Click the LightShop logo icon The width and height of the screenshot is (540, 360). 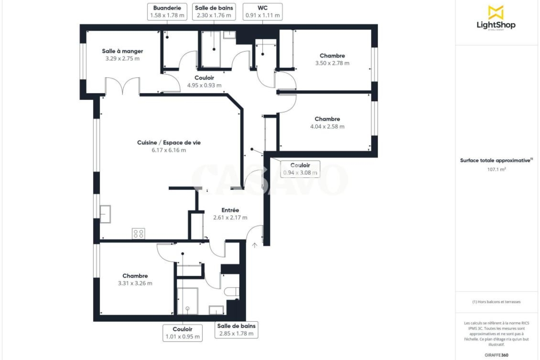coord(496,13)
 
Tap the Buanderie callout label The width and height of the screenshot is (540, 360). coord(167,12)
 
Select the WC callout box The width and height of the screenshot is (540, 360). coord(262,12)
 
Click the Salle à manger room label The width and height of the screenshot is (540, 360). coord(122,51)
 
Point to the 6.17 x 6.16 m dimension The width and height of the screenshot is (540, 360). coord(169,150)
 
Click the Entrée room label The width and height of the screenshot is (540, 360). coord(230,210)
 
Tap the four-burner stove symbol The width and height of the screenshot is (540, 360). coord(139,234)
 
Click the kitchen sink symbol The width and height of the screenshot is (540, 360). coord(105,214)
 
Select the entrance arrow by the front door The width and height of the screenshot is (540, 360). coord(255,245)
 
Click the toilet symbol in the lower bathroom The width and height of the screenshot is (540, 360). coord(232,292)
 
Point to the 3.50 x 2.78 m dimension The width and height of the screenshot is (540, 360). coord(332,63)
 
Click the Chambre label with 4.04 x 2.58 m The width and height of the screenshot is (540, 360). coord(328,119)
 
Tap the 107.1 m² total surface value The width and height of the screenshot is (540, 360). coord(496,169)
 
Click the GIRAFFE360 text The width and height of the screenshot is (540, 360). coord(496,355)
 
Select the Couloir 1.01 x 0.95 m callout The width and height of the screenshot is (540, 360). coord(183,333)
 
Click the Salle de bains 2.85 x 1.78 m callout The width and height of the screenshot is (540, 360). coord(236,329)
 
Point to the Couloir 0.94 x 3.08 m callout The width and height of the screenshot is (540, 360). coord(300,169)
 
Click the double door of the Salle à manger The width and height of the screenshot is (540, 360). coord(122,85)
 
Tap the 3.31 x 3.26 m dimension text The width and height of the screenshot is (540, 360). coord(135,283)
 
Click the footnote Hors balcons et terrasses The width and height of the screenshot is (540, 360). coord(496,301)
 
